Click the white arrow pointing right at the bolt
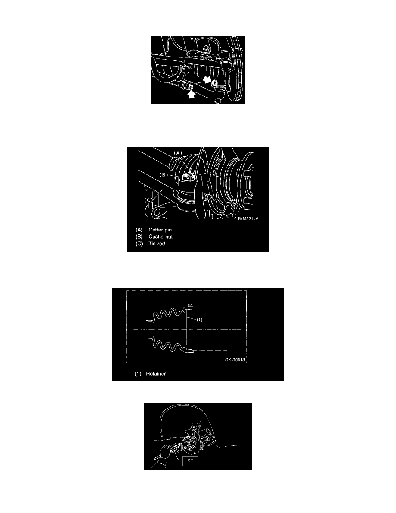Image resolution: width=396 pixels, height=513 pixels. point(207,79)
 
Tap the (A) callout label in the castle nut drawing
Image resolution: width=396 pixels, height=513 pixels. point(178,153)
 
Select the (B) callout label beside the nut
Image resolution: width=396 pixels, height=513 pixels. point(163,175)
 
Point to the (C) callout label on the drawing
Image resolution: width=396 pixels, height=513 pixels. point(149,200)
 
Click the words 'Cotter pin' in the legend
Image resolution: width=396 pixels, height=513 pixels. point(160,230)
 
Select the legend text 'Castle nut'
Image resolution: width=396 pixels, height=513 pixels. point(160,237)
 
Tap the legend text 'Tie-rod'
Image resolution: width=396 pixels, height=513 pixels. point(157,244)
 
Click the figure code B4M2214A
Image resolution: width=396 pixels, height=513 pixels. point(248,219)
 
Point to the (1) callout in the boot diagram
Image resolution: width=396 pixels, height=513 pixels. point(199,320)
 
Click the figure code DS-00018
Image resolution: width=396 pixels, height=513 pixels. point(235,360)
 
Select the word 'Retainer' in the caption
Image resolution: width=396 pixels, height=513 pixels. point(156,374)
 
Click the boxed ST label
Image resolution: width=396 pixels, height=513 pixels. point(191,461)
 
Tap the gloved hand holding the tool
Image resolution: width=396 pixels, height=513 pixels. point(164,457)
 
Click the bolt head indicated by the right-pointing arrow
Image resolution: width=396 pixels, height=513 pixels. point(214,83)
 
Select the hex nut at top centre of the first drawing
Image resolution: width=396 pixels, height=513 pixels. point(205,48)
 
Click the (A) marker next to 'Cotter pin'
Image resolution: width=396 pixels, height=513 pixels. point(139,230)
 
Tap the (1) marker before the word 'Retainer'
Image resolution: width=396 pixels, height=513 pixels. point(138,374)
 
